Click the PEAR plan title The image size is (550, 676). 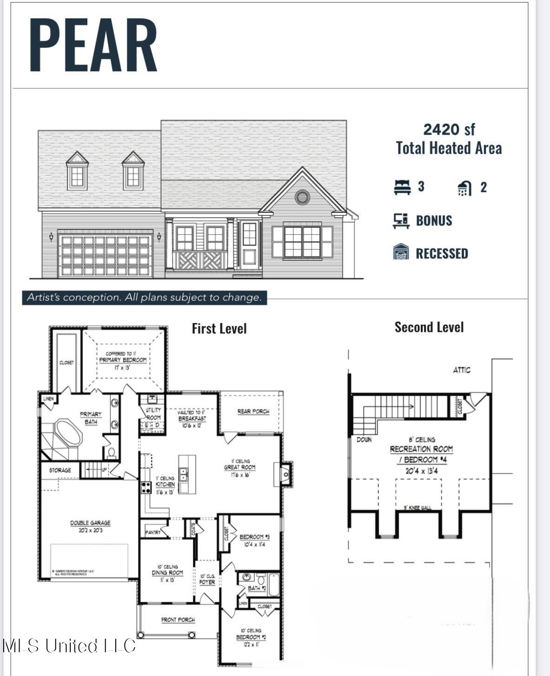pyautogui.click(x=93, y=45)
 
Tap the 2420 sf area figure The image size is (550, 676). pyautogui.click(x=449, y=129)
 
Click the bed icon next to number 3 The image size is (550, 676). pyautogui.click(x=402, y=187)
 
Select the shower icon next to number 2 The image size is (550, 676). pyautogui.click(x=464, y=188)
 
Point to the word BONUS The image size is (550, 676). pyautogui.click(x=434, y=221)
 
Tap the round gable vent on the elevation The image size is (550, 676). pyautogui.click(x=302, y=197)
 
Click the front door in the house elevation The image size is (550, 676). pyautogui.click(x=249, y=245)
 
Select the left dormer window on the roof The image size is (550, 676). pyautogui.click(x=77, y=176)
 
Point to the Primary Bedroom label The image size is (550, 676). pyautogui.click(x=123, y=360)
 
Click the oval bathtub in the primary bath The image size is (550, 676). pyautogui.click(x=68, y=433)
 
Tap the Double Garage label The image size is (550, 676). pyautogui.click(x=90, y=523)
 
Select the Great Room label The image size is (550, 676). pyautogui.click(x=239, y=467)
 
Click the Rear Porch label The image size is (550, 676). pyautogui.click(x=253, y=411)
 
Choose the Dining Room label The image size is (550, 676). pyautogui.click(x=167, y=573)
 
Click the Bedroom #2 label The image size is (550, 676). pyautogui.click(x=251, y=637)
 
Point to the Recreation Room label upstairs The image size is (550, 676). pyautogui.click(x=421, y=449)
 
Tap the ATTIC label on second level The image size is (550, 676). pyautogui.click(x=462, y=370)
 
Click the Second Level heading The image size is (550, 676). pyautogui.click(x=429, y=327)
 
